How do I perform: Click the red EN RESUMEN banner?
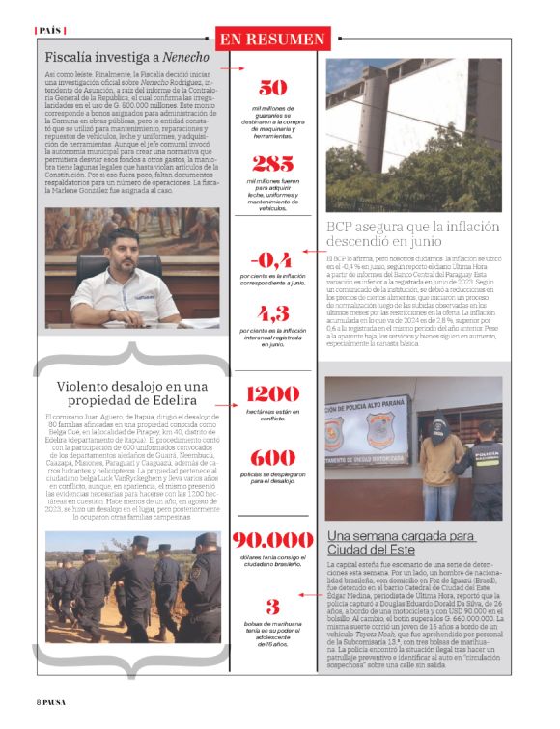coord(271,39)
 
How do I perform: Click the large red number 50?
coord(272,86)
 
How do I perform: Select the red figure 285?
coord(272,164)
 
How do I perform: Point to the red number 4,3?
coord(272,313)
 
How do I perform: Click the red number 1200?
coord(272,393)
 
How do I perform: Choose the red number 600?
coord(272,458)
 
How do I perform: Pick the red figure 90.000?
coord(272,541)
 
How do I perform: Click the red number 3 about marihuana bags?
coord(273,607)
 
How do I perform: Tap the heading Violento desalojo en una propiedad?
coord(132,394)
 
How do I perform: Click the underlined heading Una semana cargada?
coord(400,542)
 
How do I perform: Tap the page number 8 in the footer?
coord(40,702)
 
